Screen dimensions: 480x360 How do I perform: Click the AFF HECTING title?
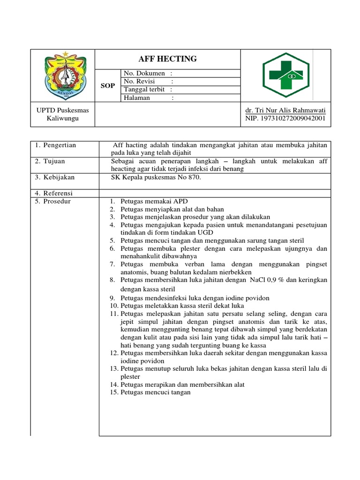click(x=167, y=59)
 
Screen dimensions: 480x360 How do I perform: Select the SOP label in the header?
click(x=108, y=86)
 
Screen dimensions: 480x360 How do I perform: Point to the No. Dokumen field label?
click(x=144, y=74)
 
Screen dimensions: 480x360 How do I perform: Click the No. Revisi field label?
click(x=140, y=82)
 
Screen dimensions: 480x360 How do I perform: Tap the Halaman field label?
click(x=137, y=98)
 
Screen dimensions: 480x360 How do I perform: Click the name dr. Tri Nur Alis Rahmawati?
click(x=285, y=111)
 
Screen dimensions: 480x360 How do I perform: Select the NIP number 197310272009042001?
click(x=285, y=119)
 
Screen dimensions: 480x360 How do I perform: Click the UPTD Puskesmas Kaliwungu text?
click(x=63, y=114)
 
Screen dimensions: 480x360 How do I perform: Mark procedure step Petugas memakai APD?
click(x=154, y=202)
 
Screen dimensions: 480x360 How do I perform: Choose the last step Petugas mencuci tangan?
click(x=155, y=392)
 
